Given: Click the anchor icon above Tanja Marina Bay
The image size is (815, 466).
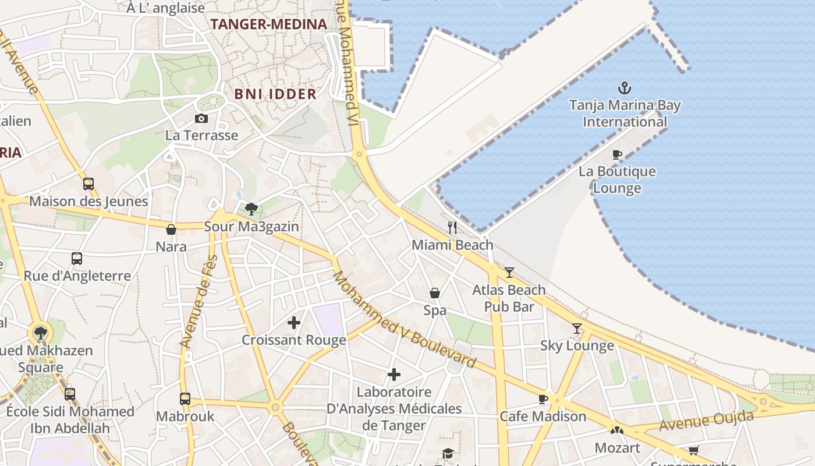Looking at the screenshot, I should pyautogui.click(x=624, y=89).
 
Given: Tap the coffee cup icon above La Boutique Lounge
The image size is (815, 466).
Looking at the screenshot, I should pyautogui.click(x=617, y=154).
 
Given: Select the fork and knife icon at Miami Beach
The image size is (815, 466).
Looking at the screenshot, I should pyautogui.click(x=452, y=228).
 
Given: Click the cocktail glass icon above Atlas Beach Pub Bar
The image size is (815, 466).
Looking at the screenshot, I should pyautogui.click(x=509, y=272).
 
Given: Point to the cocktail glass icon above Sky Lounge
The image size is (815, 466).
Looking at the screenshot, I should pyautogui.click(x=577, y=329).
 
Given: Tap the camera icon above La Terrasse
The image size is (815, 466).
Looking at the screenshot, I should pyautogui.click(x=201, y=118).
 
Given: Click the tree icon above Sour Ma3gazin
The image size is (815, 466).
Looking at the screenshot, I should pyautogui.click(x=251, y=209).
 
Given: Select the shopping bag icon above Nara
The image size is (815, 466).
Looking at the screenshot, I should pyautogui.click(x=171, y=230).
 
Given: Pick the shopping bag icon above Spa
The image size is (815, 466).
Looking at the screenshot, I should pyautogui.click(x=435, y=292).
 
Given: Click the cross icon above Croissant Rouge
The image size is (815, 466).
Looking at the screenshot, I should pyautogui.click(x=294, y=322).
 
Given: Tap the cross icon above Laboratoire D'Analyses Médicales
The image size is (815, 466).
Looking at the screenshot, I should pyautogui.click(x=394, y=374).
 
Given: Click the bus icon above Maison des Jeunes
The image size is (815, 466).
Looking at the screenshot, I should pyautogui.click(x=88, y=184).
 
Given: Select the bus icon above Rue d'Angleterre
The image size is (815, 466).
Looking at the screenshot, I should pyautogui.click(x=77, y=258).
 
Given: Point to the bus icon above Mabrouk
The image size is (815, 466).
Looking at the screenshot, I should pyautogui.click(x=185, y=399).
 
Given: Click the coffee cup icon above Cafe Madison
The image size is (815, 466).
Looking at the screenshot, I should pyautogui.click(x=543, y=399).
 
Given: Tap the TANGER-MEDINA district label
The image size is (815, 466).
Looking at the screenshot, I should pyautogui.click(x=268, y=24).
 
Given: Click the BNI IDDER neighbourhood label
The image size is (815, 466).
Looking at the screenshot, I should pyautogui.click(x=275, y=94).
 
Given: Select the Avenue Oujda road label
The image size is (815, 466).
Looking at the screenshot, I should pyautogui.click(x=706, y=421).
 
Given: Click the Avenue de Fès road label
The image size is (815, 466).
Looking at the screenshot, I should pyautogui.click(x=199, y=302).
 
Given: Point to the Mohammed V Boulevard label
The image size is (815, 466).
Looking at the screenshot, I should pyautogui.click(x=403, y=320).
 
